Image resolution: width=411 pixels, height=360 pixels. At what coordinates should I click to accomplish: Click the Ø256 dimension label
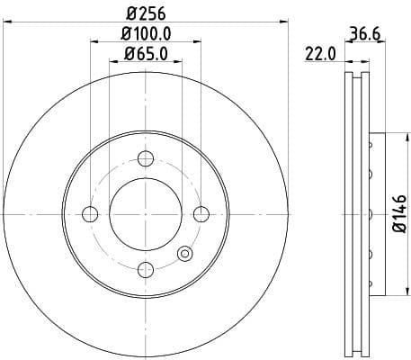pyautogui.click(x=145, y=13)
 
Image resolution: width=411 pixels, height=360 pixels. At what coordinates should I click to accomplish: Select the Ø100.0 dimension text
pyautogui.click(x=145, y=35)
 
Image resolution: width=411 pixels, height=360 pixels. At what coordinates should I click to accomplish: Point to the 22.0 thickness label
pyautogui.click(x=319, y=55)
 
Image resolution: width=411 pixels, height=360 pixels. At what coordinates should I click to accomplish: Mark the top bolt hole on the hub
pyautogui.click(x=145, y=158)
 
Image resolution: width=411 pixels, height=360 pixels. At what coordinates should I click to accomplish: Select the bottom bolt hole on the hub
pyautogui.click(x=145, y=268)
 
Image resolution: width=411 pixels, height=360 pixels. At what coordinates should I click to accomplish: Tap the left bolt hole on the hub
pyautogui.click(x=90, y=213)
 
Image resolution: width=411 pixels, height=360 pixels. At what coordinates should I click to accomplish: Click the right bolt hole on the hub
pyautogui.click(x=201, y=213)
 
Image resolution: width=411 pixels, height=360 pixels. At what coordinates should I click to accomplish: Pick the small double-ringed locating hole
pyautogui.click(x=185, y=254)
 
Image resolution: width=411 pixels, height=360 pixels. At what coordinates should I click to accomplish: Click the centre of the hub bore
pyautogui.click(x=145, y=213)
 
